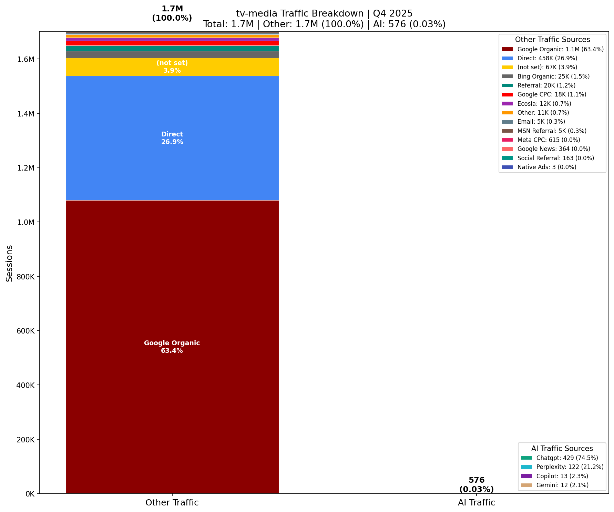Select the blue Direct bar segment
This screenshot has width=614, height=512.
click(x=172, y=155)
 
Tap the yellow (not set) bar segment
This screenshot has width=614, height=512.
click(x=172, y=67)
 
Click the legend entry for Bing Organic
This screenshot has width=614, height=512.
click(x=553, y=76)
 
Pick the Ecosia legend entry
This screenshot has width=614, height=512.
click(x=544, y=104)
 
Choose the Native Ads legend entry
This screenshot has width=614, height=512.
click(x=546, y=167)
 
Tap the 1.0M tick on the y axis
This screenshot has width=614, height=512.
click(x=25, y=223)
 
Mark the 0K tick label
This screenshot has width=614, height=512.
click(x=29, y=494)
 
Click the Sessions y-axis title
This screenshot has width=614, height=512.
click(x=10, y=263)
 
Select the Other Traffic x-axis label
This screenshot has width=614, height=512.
click(x=172, y=503)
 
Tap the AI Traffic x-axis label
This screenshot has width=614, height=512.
click(x=476, y=503)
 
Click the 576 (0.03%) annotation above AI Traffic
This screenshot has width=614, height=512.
click(x=476, y=485)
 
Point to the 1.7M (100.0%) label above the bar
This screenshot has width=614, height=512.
click(x=172, y=13)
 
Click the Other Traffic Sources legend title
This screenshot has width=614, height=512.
click(x=552, y=40)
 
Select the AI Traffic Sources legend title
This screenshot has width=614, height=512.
click(x=562, y=449)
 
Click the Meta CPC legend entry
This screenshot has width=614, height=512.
click(x=549, y=140)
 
